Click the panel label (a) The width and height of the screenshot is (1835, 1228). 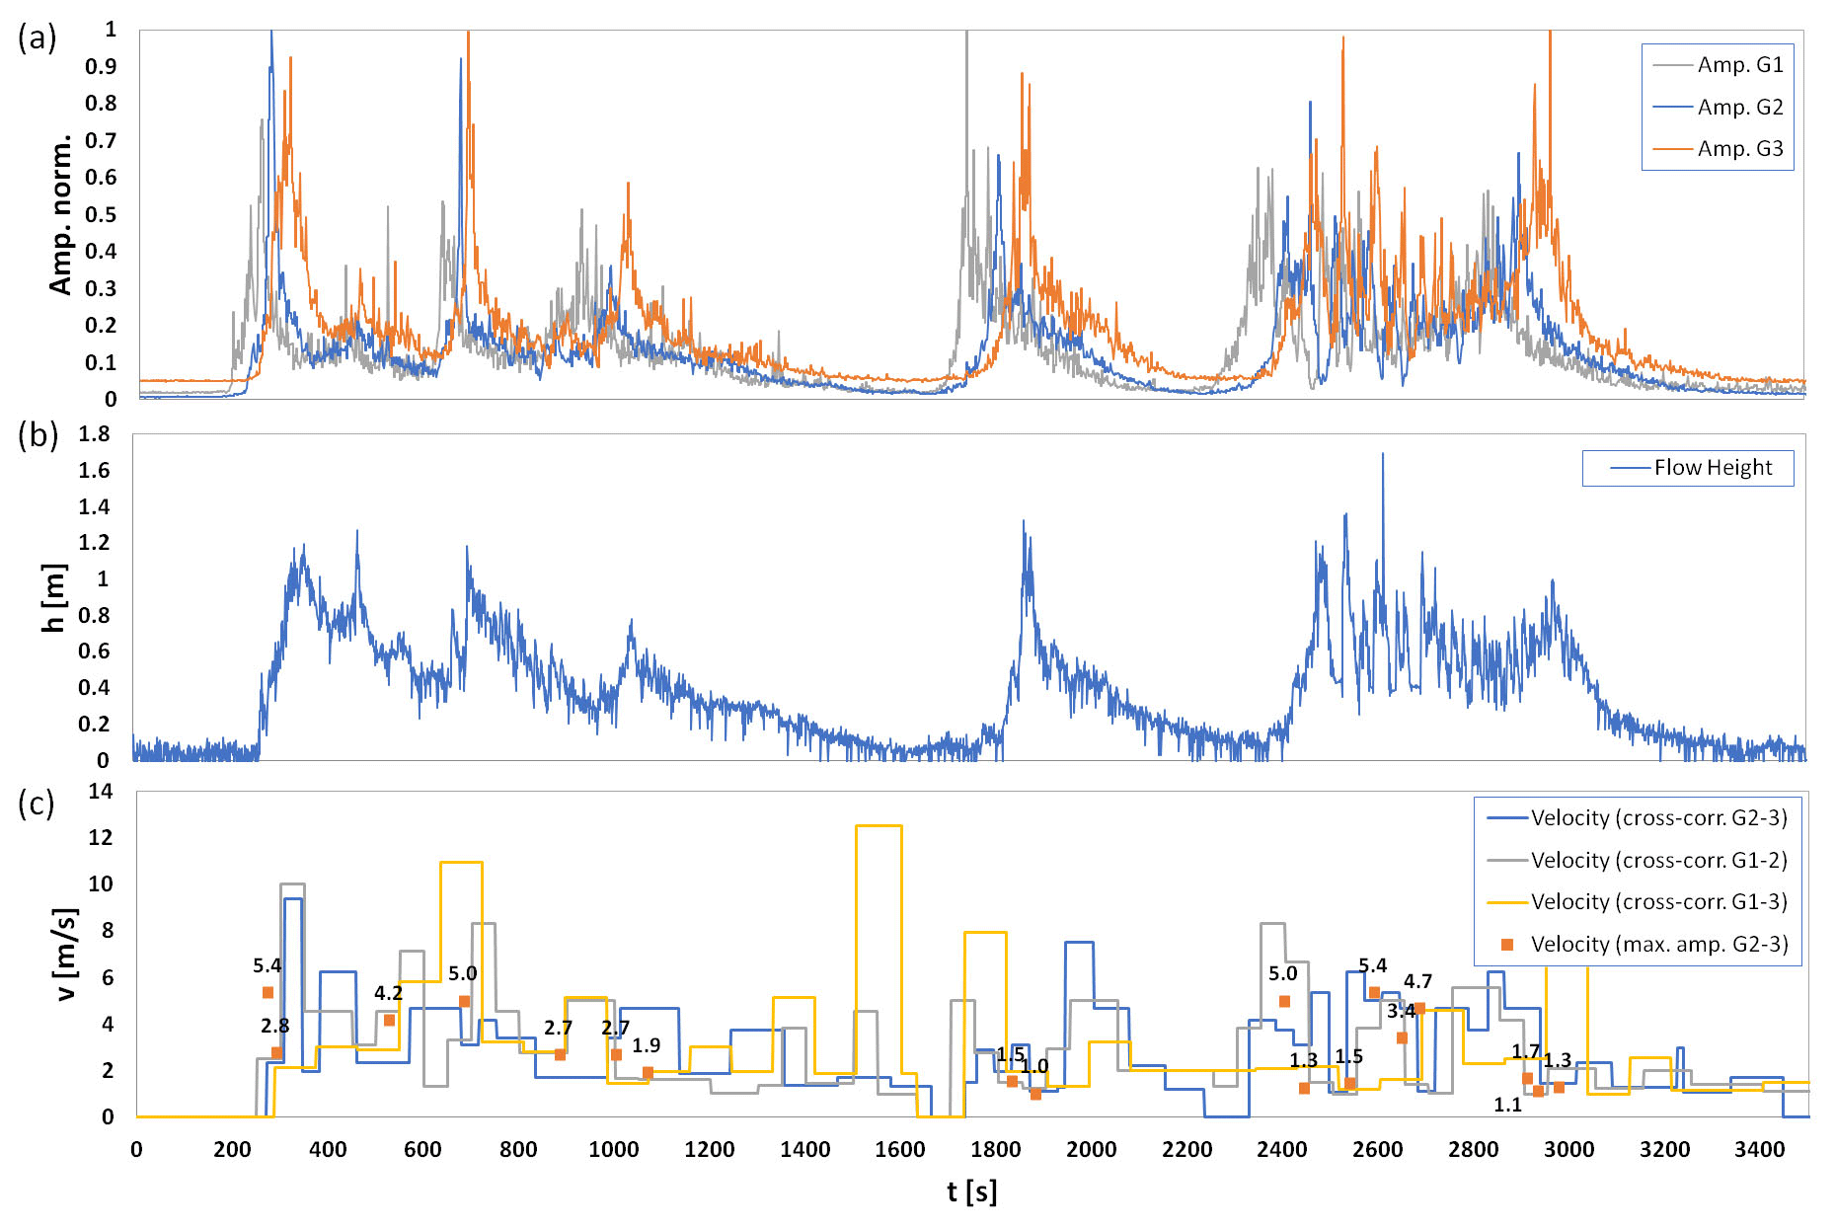click(x=37, y=38)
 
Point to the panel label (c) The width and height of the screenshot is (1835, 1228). click(x=37, y=805)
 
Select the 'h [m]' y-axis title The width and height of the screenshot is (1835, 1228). click(x=54, y=597)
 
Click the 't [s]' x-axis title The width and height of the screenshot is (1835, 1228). click(x=971, y=1192)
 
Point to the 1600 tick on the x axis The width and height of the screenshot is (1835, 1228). click(x=900, y=1150)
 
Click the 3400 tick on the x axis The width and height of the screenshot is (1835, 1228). click(x=1760, y=1150)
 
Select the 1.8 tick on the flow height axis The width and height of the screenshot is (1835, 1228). click(x=95, y=434)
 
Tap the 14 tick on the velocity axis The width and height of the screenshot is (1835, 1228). click(x=101, y=792)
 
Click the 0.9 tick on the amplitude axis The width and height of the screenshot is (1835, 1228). click(x=101, y=67)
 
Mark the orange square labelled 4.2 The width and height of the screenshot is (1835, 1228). click(x=389, y=1020)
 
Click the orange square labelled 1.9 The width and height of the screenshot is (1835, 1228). click(x=648, y=1072)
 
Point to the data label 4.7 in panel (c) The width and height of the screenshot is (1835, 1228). click(x=1417, y=982)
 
